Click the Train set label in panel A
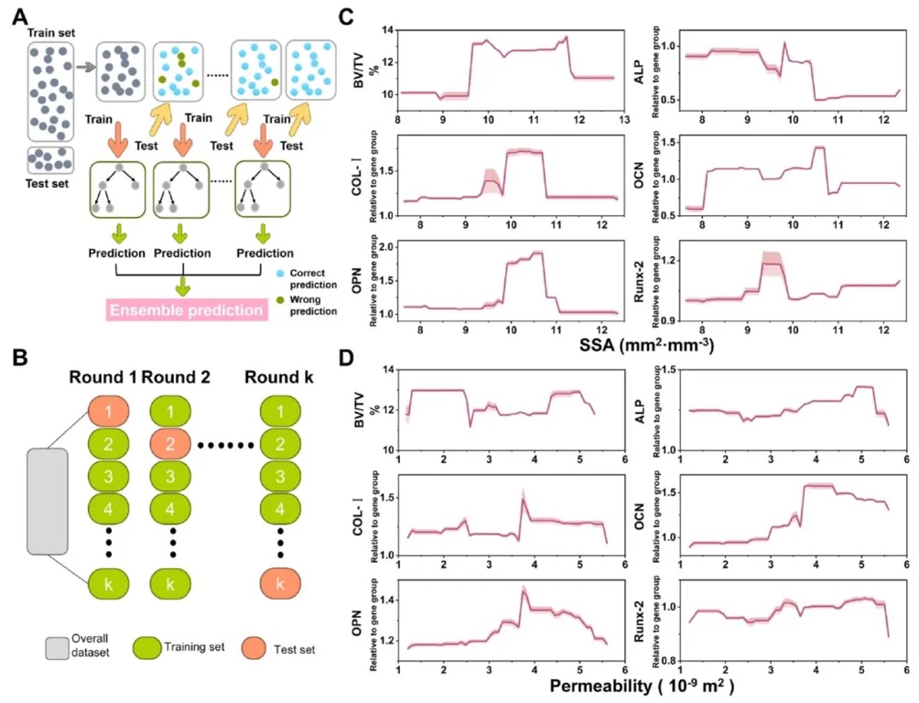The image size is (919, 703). (49, 33)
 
